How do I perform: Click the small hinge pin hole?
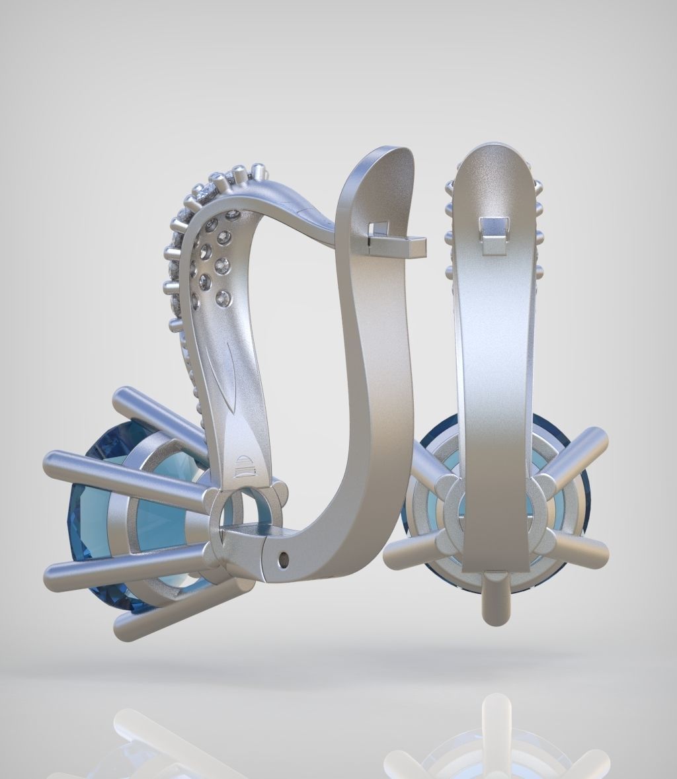[285, 559]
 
